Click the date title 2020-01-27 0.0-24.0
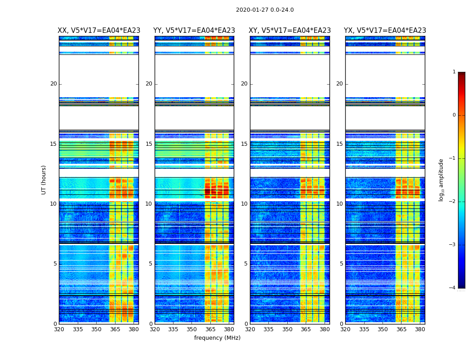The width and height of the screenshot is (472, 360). (x=265, y=10)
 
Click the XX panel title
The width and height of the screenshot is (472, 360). (x=99, y=31)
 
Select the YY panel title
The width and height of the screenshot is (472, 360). (x=194, y=31)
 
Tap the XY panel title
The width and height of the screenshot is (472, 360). (x=289, y=31)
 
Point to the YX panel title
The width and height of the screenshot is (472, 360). (x=385, y=31)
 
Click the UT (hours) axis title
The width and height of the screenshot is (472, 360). (x=44, y=180)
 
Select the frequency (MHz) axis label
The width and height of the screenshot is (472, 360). (x=217, y=338)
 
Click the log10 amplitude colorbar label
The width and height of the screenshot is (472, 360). (x=441, y=180)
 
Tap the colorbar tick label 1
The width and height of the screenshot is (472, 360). (x=454, y=72)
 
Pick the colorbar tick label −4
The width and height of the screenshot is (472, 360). (x=453, y=288)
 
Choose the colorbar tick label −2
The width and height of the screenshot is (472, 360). (x=453, y=202)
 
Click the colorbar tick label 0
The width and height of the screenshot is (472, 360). (x=454, y=115)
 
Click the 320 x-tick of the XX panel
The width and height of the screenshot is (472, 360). (x=59, y=329)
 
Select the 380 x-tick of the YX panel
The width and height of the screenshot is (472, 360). (x=420, y=329)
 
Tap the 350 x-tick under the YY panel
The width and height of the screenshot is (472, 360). (x=192, y=329)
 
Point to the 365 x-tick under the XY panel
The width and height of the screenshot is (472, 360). (x=306, y=329)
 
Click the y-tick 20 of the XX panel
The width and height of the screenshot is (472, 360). (x=53, y=84)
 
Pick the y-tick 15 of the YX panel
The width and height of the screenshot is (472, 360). (x=339, y=144)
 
